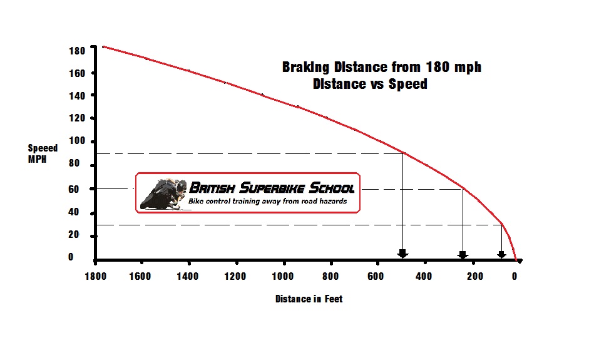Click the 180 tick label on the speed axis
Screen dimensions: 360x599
click(78, 50)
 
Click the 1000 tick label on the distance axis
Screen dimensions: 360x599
click(284, 276)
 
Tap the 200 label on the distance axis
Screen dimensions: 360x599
click(474, 276)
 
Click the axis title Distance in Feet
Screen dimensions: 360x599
click(309, 299)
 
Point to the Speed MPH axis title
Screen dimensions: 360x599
click(43, 153)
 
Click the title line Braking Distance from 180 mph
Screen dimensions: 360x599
click(381, 67)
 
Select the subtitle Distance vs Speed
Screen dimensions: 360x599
click(370, 84)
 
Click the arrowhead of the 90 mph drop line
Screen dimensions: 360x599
click(402, 254)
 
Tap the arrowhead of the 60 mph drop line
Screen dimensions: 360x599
click(463, 254)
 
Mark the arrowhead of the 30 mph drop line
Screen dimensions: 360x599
click(501, 254)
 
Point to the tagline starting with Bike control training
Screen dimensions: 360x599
click(267, 202)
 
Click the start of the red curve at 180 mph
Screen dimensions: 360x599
click(103, 46)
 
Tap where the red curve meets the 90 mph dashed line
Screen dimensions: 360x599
click(402, 153)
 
